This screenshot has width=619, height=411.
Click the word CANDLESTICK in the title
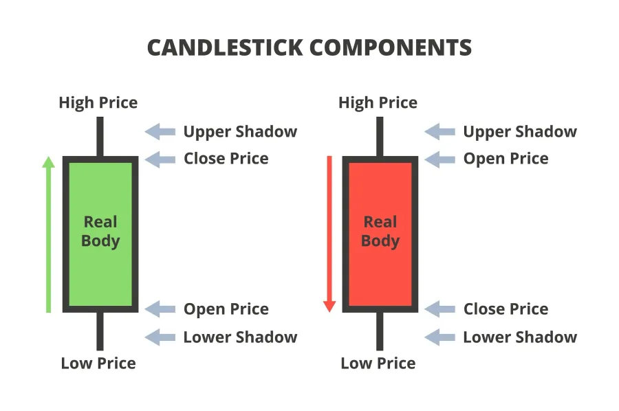click(x=225, y=47)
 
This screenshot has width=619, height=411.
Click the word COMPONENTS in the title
click(x=391, y=47)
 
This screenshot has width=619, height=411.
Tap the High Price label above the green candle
click(x=98, y=103)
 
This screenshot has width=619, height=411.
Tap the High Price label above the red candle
click(x=378, y=103)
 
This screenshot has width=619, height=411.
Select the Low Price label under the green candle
click(x=98, y=364)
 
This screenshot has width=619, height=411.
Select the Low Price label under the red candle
click(x=378, y=364)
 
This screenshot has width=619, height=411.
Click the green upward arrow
click(x=49, y=234)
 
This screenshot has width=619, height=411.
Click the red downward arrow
click(x=329, y=234)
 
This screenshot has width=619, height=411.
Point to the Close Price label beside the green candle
click(x=226, y=159)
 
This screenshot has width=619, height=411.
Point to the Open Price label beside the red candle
click(x=506, y=159)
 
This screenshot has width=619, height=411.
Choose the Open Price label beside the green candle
click(x=226, y=309)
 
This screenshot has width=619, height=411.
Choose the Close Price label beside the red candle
click(x=506, y=309)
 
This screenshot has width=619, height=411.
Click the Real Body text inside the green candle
click(x=100, y=232)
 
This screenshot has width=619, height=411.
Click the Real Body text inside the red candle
click(x=380, y=232)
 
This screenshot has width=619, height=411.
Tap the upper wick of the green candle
click(x=100, y=137)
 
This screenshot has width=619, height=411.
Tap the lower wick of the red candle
click(x=380, y=331)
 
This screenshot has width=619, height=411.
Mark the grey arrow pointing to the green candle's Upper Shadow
click(x=160, y=132)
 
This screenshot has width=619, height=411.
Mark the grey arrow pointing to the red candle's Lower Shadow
click(x=439, y=337)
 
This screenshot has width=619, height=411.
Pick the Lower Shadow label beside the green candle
click(x=241, y=337)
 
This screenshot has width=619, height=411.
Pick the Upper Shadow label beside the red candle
click(x=520, y=132)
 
